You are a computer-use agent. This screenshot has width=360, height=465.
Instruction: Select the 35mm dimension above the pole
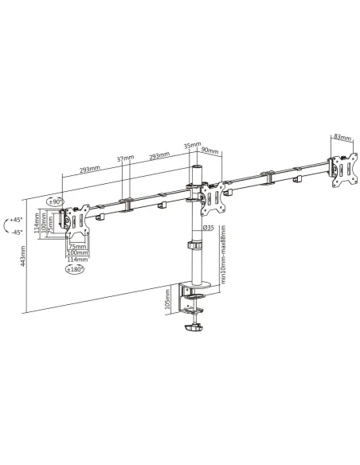pos(190,147)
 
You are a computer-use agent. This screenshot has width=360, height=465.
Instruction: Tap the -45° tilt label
pos(14,232)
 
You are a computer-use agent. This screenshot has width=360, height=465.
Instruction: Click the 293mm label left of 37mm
pos(89,170)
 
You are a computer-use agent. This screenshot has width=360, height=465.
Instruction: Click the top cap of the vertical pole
pos(193,170)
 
